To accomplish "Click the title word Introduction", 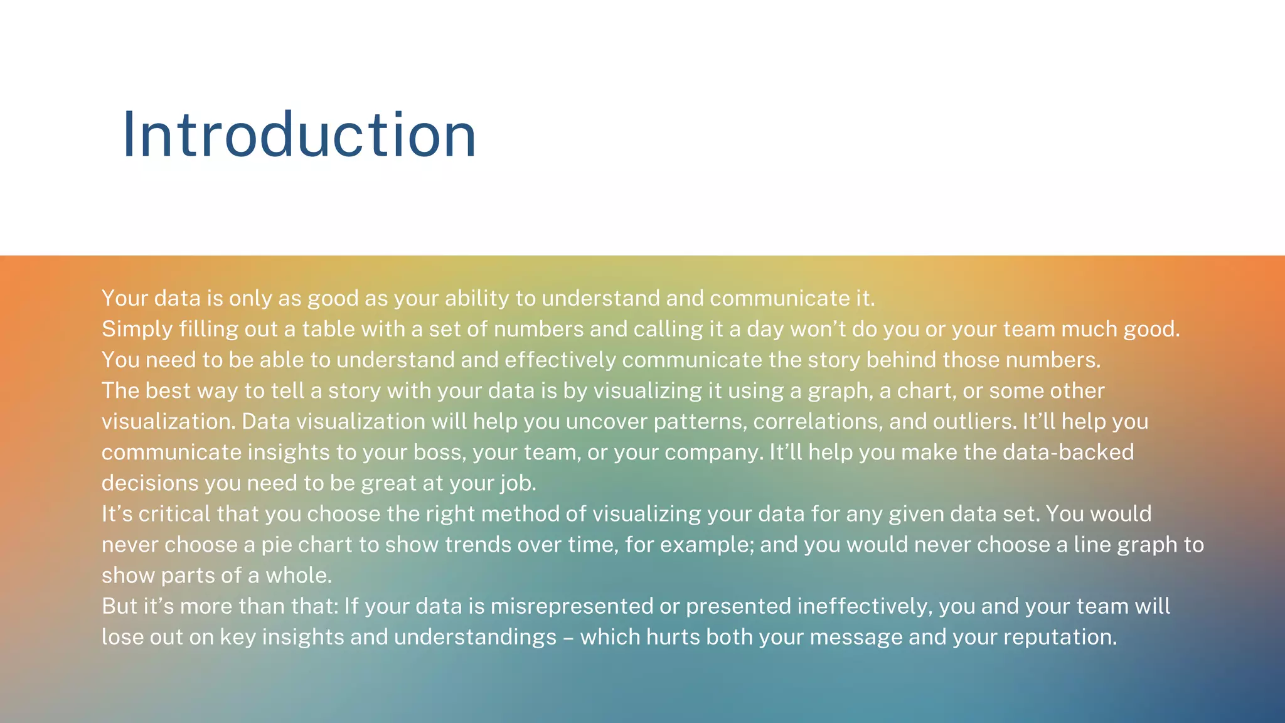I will pos(299,134).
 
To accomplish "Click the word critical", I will pos(174,513).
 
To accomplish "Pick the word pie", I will pos(277,545).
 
